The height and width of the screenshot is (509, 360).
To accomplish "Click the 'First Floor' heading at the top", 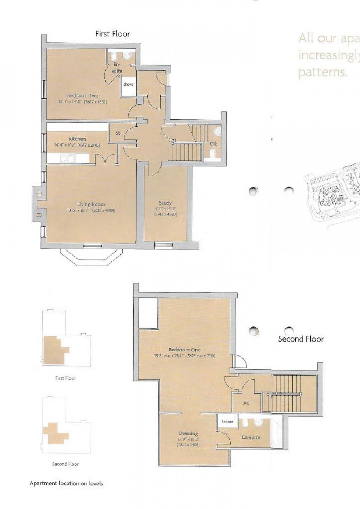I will (x=112, y=34).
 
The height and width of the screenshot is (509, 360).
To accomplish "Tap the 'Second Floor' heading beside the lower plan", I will (x=300, y=339).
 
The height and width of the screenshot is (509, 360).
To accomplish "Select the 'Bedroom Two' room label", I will (x=83, y=95).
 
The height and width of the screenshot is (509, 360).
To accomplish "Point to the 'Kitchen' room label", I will (x=77, y=139).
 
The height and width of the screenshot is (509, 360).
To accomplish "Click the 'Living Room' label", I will (x=91, y=204).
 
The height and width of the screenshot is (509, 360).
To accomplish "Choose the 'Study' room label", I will (x=165, y=203).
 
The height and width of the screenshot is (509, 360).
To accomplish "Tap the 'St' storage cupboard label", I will (x=118, y=133).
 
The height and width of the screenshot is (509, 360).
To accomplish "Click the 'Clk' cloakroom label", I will (x=213, y=144).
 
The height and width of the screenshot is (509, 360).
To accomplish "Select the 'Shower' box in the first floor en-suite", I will (x=129, y=84).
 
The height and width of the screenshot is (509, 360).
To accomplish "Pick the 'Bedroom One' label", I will (x=184, y=350).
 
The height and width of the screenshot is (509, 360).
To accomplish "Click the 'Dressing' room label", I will (x=188, y=433).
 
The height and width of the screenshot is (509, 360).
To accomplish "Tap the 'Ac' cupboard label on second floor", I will (x=246, y=403).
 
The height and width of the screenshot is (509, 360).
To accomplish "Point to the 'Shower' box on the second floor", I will (x=227, y=422).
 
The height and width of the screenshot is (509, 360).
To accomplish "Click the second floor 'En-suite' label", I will (x=251, y=437).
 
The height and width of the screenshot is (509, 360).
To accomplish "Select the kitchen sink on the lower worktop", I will (x=68, y=159).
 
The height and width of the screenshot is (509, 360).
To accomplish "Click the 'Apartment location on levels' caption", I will (x=66, y=483).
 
